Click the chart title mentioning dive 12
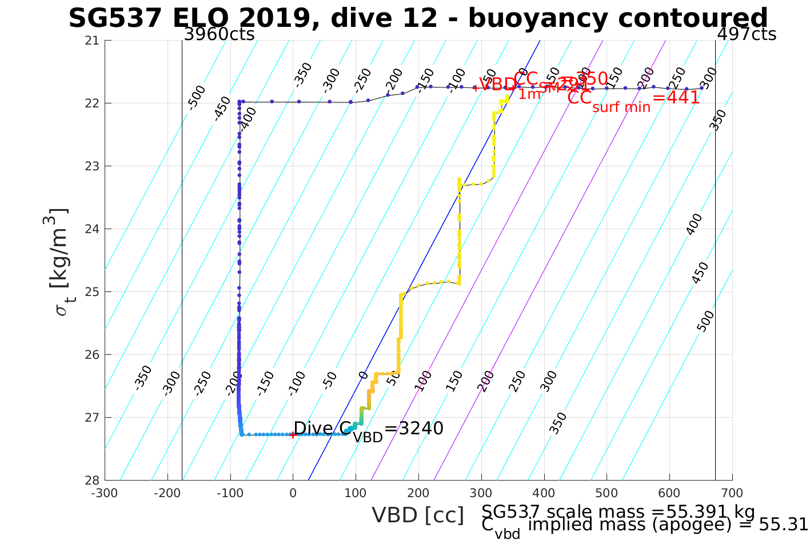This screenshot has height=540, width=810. click(418, 18)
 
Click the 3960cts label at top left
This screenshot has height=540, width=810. click(219, 34)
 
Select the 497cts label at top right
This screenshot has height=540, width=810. click(747, 34)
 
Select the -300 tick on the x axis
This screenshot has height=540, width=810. click(105, 493)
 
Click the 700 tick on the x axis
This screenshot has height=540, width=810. click(732, 493)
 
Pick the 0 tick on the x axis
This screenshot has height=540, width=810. click(293, 493)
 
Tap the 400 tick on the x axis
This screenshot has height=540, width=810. click(544, 493)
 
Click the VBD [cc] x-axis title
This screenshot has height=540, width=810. click(418, 515)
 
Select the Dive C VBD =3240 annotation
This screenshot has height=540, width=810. click(368, 429)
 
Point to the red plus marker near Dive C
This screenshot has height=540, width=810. click(293, 435)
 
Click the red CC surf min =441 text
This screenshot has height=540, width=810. click(633, 98)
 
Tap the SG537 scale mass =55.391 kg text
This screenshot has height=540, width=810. click(618, 512)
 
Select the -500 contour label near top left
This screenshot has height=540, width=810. click(196, 97)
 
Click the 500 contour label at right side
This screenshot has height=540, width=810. click(706, 321)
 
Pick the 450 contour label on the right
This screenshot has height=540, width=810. click(700, 273)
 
